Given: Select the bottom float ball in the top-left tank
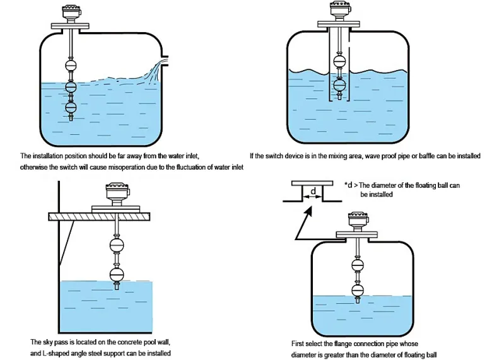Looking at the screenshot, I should pos(71,106).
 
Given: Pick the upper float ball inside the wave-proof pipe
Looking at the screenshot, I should pos(339,61).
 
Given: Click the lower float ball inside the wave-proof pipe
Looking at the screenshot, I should pos(339,85).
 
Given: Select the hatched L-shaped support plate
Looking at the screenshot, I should pos(99,216).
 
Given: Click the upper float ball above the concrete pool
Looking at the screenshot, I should pos(117,245).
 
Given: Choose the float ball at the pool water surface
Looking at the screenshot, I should pos(117,276).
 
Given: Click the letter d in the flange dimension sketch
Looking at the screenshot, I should pos(312,190).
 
